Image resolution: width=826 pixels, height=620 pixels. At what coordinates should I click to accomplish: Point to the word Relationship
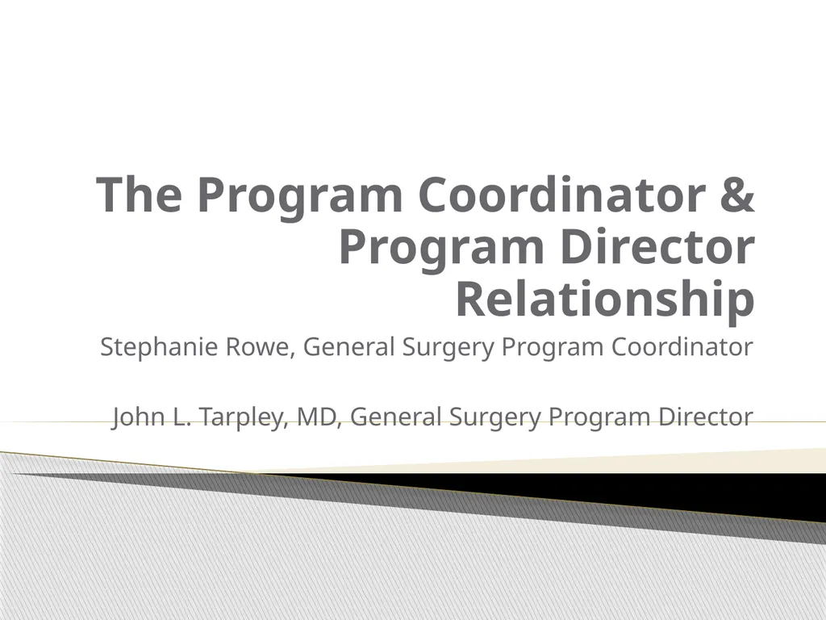[605, 300]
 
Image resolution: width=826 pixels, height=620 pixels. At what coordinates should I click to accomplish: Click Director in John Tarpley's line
[703, 417]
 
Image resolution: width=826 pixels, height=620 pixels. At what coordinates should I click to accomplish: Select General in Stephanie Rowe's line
[348, 347]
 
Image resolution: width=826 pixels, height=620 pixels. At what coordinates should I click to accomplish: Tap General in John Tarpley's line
[395, 417]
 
